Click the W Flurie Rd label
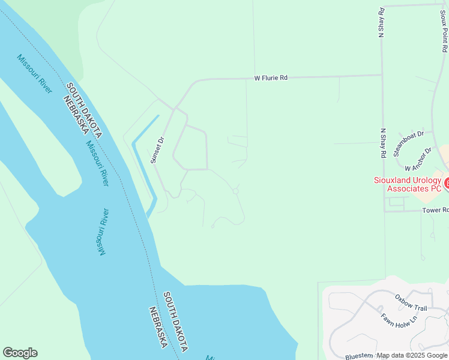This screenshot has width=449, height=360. point(271,78)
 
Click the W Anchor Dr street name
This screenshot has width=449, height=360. point(418,159)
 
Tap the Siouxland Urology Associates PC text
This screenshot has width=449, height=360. point(408,184)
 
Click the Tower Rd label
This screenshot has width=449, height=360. point(435,211)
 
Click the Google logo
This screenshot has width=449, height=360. point(20,353)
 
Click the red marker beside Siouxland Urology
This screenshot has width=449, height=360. point(446,181)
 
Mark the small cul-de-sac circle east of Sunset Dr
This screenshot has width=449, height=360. point(236,191)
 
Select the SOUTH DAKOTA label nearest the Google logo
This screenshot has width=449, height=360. point(175,322)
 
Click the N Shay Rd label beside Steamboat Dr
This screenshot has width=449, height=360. point(382,143)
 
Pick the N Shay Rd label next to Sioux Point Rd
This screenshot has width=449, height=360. point(381,23)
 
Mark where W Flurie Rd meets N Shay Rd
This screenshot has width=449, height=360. point(382,75)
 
